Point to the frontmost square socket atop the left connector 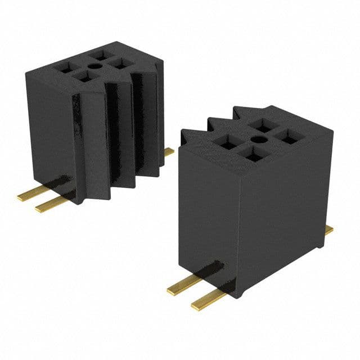84,76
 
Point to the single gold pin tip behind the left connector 169,151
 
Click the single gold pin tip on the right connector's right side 328,229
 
